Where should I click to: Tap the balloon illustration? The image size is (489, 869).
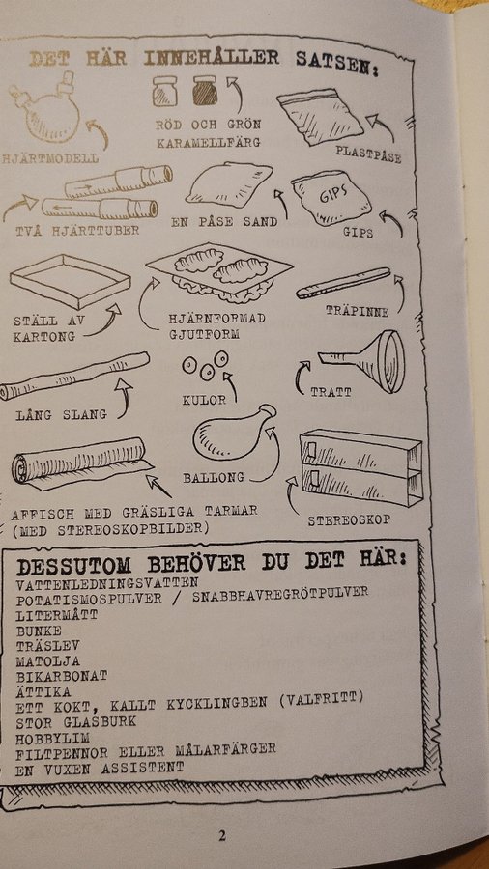234,433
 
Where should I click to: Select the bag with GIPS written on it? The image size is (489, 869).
331,198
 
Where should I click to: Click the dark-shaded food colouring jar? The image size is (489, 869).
205,92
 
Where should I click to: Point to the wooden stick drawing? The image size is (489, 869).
344,283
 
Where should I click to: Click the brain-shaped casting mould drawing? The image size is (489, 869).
219,272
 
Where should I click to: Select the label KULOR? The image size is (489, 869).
204,400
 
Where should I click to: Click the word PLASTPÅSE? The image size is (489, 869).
368,154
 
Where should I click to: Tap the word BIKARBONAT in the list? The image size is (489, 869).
62,676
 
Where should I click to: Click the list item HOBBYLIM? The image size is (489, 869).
53,739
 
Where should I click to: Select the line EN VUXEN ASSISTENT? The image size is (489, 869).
100,769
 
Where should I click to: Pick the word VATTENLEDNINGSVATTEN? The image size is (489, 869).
107,583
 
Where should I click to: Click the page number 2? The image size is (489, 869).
221,836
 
